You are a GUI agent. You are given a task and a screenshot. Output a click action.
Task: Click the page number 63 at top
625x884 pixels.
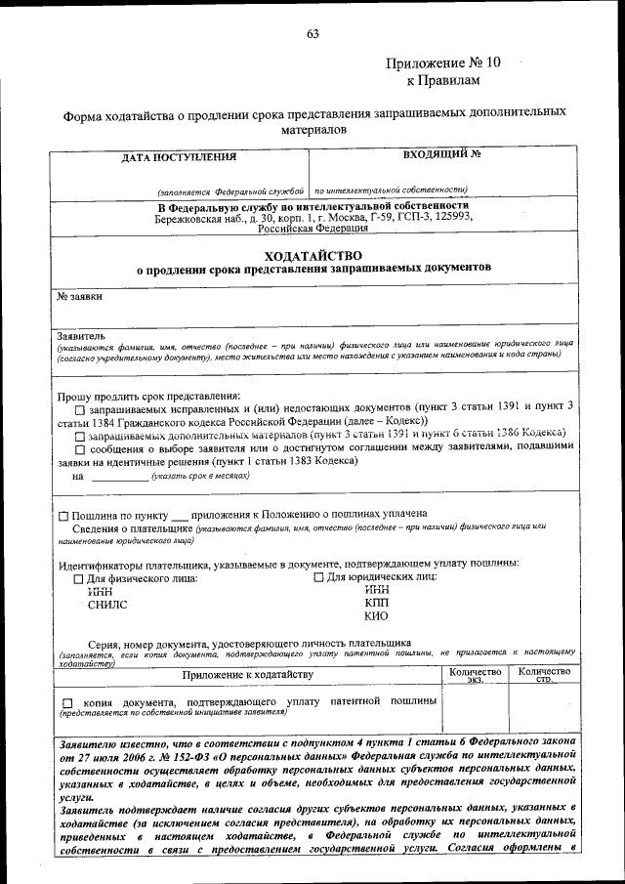click(x=312, y=34)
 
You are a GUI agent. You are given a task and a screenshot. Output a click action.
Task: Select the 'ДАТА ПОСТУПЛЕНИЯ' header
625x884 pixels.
click(x=179, y=157)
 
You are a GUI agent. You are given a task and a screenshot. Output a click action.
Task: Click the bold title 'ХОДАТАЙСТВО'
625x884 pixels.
click(x=312, y=254)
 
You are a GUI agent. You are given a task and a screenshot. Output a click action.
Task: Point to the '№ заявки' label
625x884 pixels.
click(x=80, y=295)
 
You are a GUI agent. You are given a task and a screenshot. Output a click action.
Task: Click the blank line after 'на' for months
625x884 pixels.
click(x=121, y=477)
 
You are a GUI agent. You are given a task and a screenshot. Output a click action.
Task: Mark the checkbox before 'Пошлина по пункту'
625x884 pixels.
click(x=63, y=515)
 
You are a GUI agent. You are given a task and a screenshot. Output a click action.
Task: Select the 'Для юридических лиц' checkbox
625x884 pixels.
click(x=318, y=578)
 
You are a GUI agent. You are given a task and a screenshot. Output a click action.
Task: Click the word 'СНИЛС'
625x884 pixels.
click(x=107, y=605)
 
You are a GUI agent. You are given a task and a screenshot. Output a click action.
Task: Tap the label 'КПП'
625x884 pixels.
click(x=376, y=604)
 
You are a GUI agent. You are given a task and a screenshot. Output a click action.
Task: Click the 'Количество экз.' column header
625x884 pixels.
click(x=475, y=675)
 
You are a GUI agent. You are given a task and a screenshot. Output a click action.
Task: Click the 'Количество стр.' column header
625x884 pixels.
click(x=544, y=675)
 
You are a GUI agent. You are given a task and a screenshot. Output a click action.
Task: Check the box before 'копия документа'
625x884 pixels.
click(x=66, y=703)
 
